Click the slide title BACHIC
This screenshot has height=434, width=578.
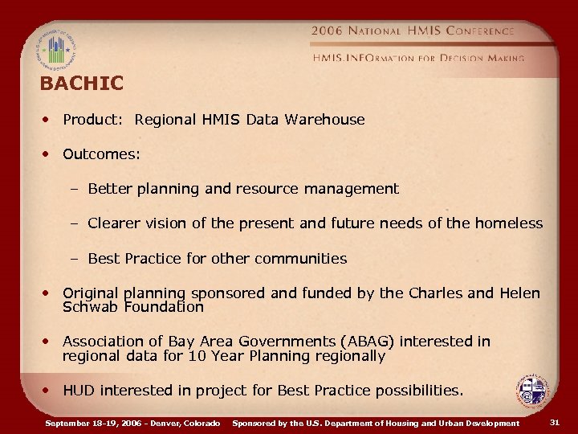(82, 84)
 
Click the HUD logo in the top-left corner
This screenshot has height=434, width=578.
(55, 50)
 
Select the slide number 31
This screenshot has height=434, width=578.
(555, 423)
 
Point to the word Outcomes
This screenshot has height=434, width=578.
(100, 154)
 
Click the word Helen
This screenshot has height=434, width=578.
(520, 293)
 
